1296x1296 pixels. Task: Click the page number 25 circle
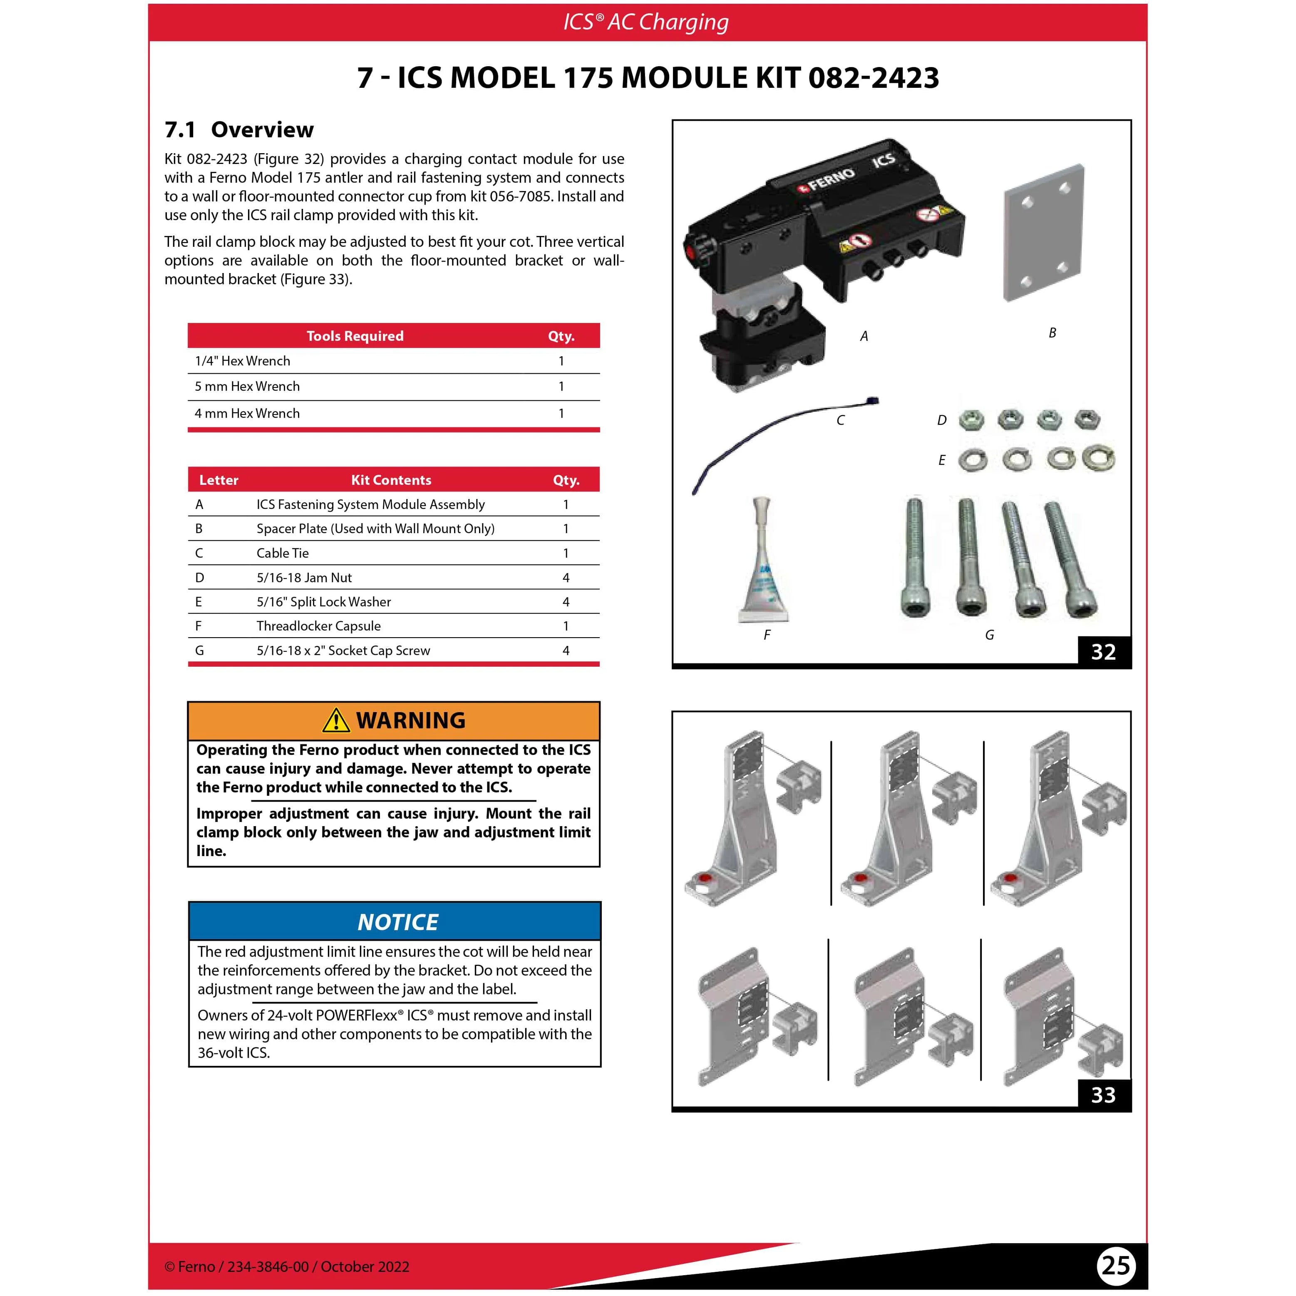tap(1115, 1265)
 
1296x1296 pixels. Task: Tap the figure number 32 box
tap(1103, 651)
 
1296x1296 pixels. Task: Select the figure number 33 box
tap(1103, 1095)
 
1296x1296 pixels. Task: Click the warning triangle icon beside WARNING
tap(336, 720)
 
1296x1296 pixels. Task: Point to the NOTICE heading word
tap(398, 922)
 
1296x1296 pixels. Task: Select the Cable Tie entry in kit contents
tap(283, 553)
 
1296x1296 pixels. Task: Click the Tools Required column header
tap(355, 336)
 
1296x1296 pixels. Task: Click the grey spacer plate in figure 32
tap(1043, 233)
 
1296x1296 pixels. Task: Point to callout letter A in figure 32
tap(864, 336)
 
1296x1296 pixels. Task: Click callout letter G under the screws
tap(989, 635)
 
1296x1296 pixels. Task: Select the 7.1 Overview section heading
tap(239, 129)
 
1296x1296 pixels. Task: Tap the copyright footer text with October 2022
tap(287, 1266)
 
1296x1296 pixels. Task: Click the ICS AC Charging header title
tap(646, 22)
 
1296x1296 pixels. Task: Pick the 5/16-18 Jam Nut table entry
tap(304, 578)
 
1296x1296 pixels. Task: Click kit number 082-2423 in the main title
tap(874, 78)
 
